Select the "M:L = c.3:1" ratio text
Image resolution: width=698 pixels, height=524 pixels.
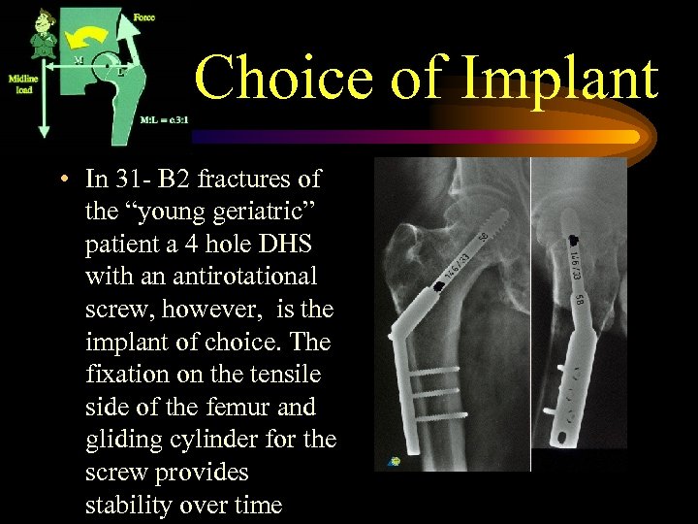point(162,119)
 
